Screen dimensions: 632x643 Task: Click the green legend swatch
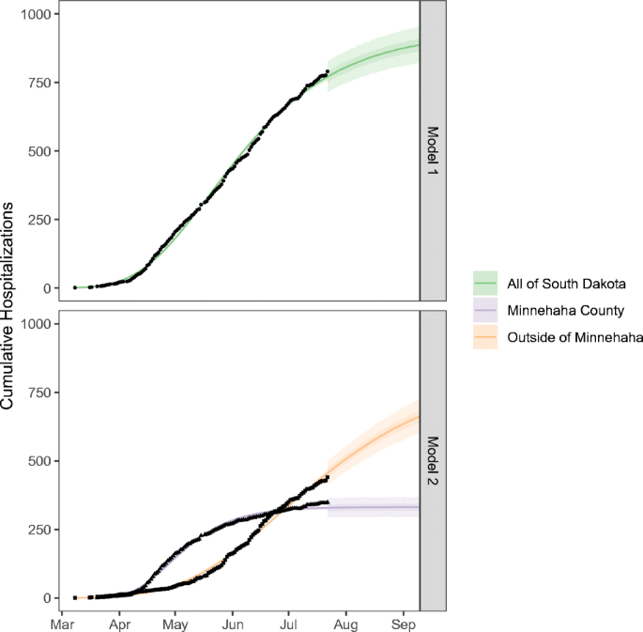pos(486,284)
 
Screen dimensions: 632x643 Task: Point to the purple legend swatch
pos(486,310)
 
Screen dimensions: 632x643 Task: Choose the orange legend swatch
pos(486,337)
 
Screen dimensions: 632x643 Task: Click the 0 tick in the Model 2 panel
pos(48,597)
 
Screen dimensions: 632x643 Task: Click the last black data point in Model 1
pos(327,71)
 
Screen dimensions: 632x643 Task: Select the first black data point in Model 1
pos(75,287)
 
